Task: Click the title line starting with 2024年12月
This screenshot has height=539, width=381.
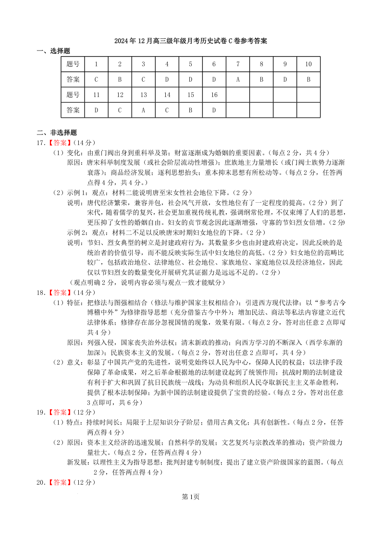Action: [190, 41]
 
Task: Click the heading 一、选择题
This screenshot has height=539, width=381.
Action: [54, 50]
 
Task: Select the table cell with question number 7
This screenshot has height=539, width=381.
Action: [238, 64]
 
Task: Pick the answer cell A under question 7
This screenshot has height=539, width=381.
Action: [238, 79]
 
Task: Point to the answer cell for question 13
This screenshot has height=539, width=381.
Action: [143, 110]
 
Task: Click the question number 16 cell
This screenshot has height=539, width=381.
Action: [214, 95]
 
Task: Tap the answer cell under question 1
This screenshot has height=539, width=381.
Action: [97, 79]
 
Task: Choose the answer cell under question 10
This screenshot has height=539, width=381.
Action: [308, 79]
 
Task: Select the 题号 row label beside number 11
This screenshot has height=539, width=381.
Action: [73, 95]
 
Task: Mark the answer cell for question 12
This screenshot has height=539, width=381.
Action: [120, 110]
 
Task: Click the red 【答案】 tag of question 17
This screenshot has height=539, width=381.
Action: [60, 143]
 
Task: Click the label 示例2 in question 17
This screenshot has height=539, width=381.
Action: [74, 232]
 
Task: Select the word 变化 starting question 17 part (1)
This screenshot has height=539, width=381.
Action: [73, 152]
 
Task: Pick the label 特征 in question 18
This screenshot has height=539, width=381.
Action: [73, 303]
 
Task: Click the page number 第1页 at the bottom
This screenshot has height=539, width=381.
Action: [190, 497]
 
